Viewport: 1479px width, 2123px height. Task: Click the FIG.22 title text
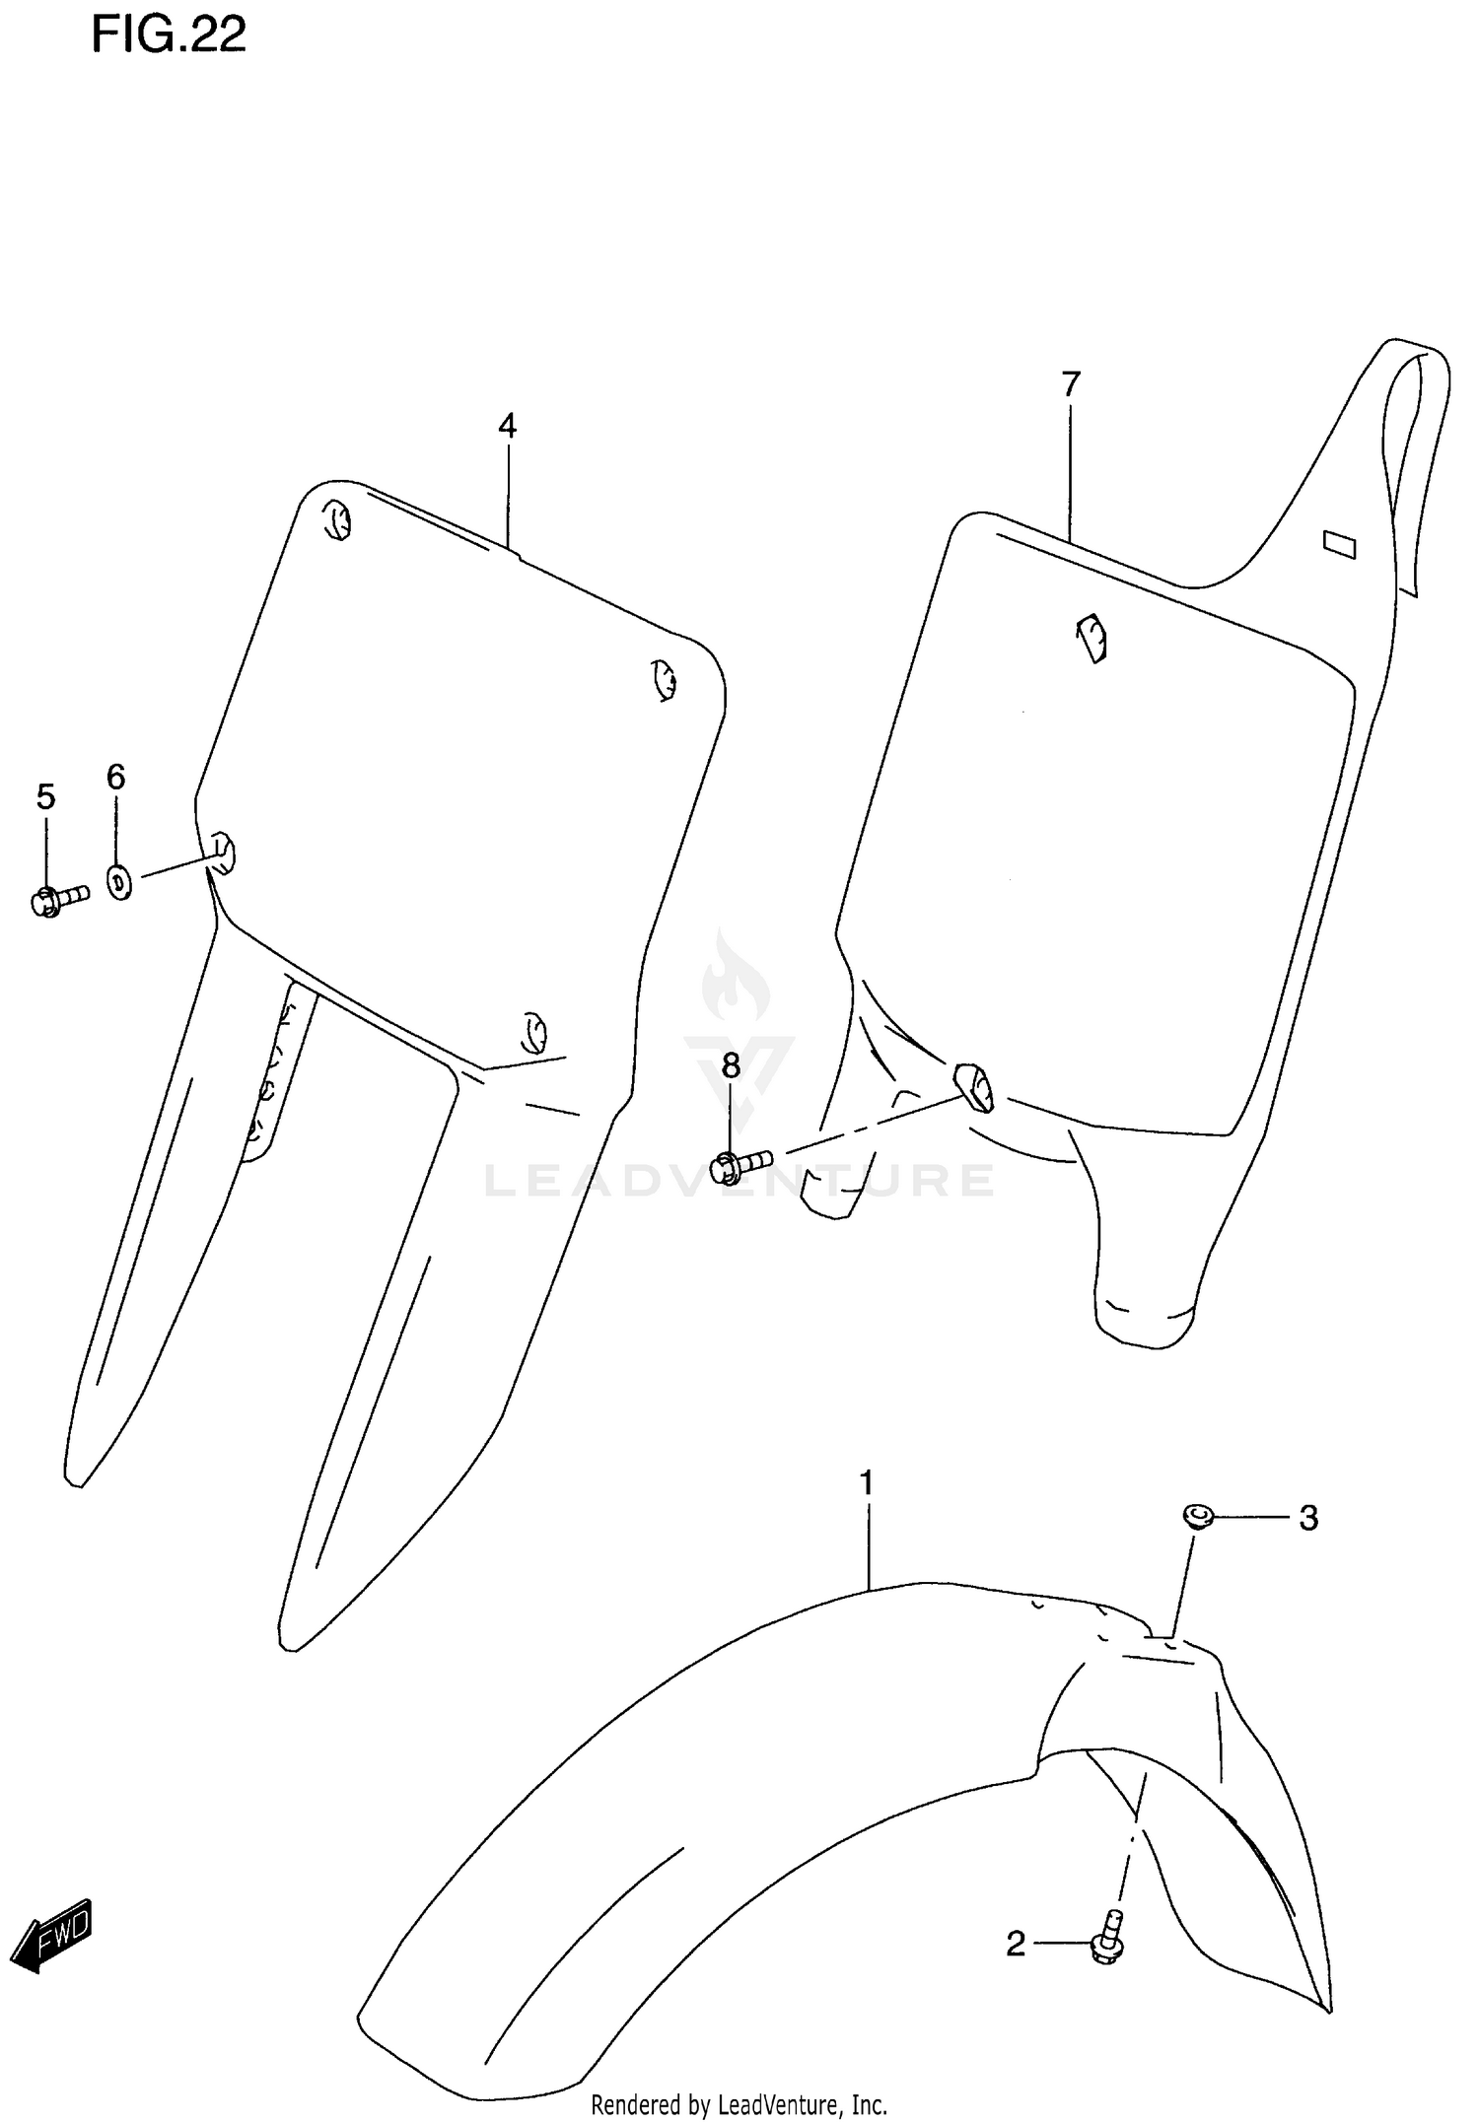click(169, 35)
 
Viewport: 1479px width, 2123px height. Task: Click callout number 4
click(507, 426)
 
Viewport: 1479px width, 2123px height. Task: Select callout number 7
click(1071, 383)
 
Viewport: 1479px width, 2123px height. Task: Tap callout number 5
click(45, 796)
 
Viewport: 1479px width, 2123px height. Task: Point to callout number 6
click(116, 778)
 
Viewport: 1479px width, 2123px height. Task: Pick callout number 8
click(730, 1065)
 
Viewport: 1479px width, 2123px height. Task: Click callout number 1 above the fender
click(867, 1510)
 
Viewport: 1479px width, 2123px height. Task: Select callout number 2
click(1016, 1945)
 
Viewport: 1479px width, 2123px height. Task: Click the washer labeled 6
click(118, 881)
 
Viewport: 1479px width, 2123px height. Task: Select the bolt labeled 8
click(739, 1165)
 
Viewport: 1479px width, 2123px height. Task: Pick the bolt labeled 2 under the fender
click(1109, 1937)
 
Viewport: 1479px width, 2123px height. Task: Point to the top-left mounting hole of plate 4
click(337, 519)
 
